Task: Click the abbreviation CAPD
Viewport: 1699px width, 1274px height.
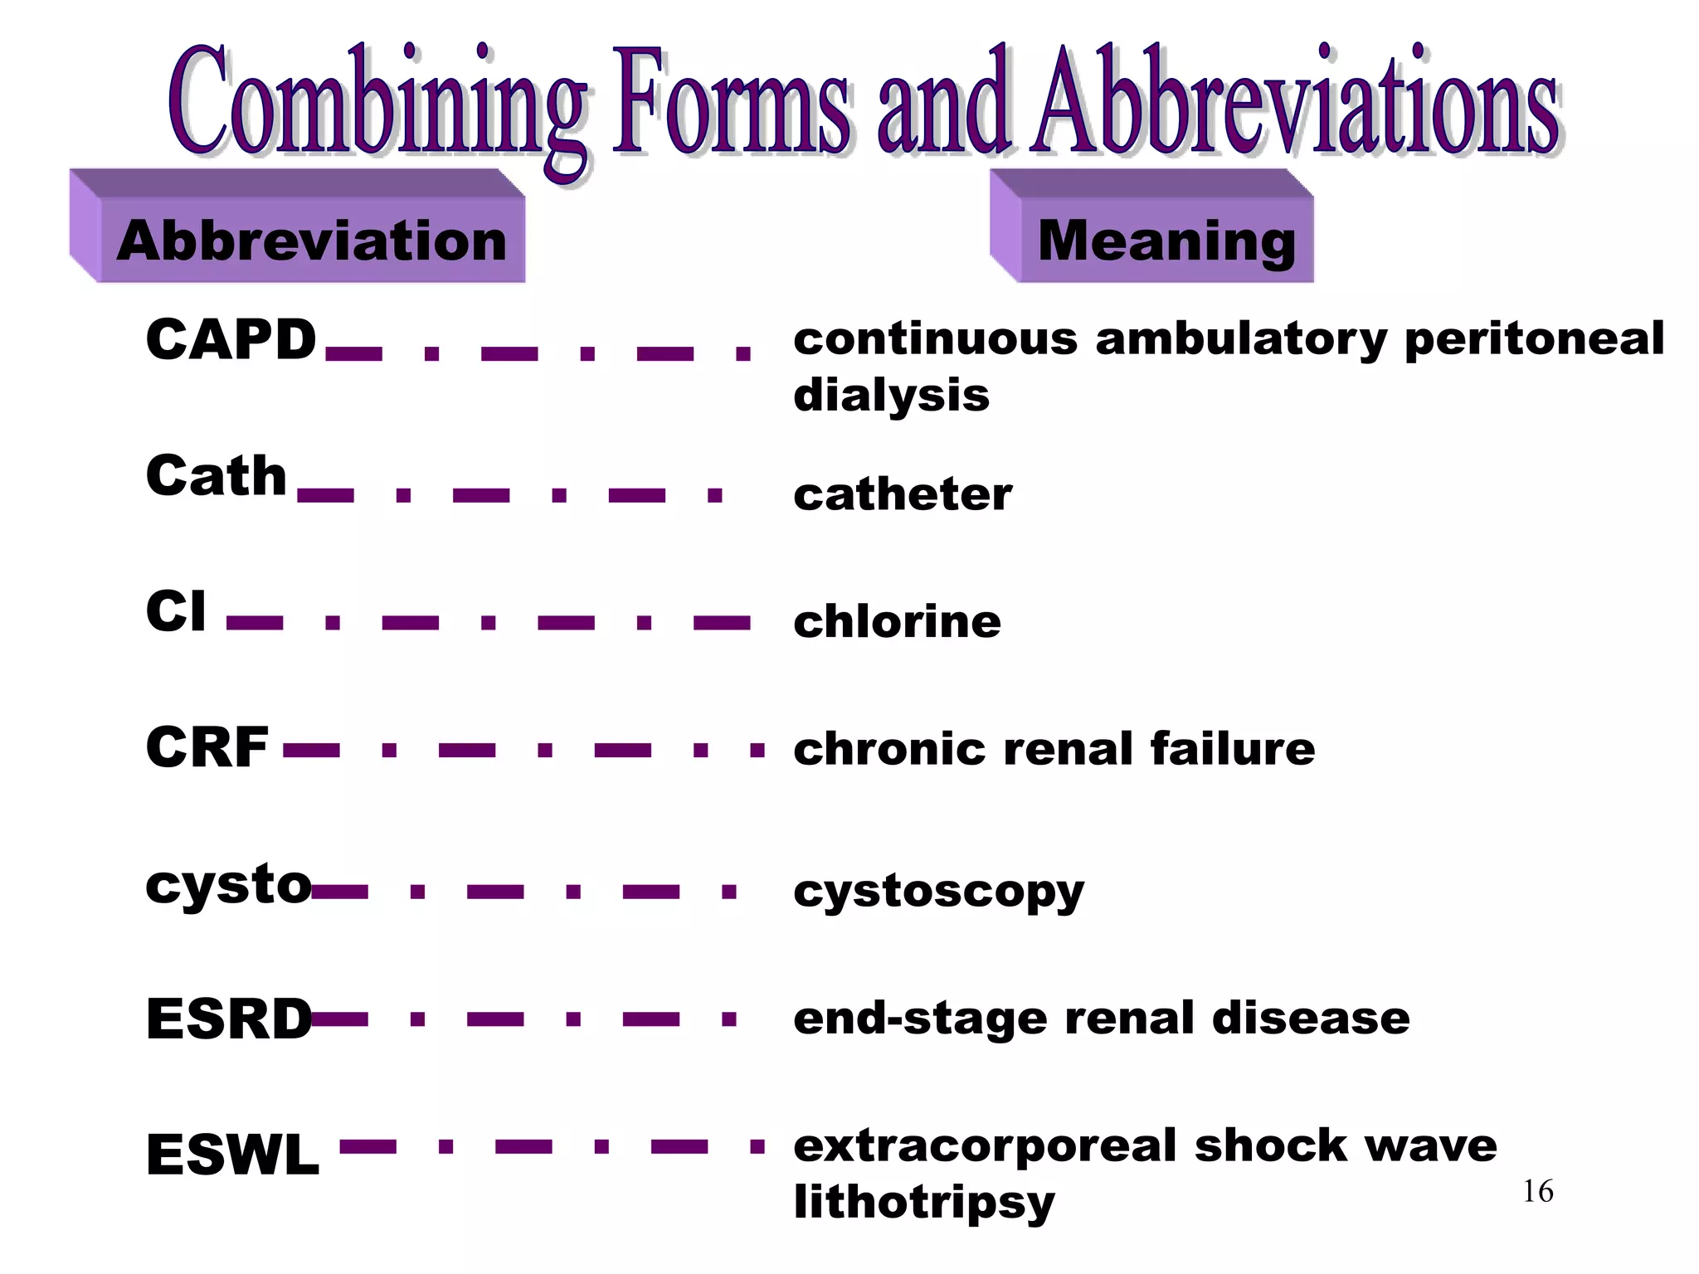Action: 231,340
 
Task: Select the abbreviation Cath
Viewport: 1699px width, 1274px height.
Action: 216,477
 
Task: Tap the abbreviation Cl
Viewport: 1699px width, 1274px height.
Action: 175,612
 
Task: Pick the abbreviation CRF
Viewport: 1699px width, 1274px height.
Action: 207,747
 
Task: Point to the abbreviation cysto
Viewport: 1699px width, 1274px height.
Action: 228,885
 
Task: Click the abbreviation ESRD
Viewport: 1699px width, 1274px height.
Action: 229,1019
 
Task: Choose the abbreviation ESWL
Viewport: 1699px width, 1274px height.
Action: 232,1155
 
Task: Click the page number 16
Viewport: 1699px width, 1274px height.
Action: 1537,1192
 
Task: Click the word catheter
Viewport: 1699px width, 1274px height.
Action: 903,494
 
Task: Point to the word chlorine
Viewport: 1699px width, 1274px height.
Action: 897,622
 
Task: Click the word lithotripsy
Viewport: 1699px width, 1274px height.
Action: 923,1202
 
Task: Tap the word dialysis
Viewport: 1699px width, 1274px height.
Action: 891,395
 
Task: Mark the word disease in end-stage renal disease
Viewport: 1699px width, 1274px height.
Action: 1311,1019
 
